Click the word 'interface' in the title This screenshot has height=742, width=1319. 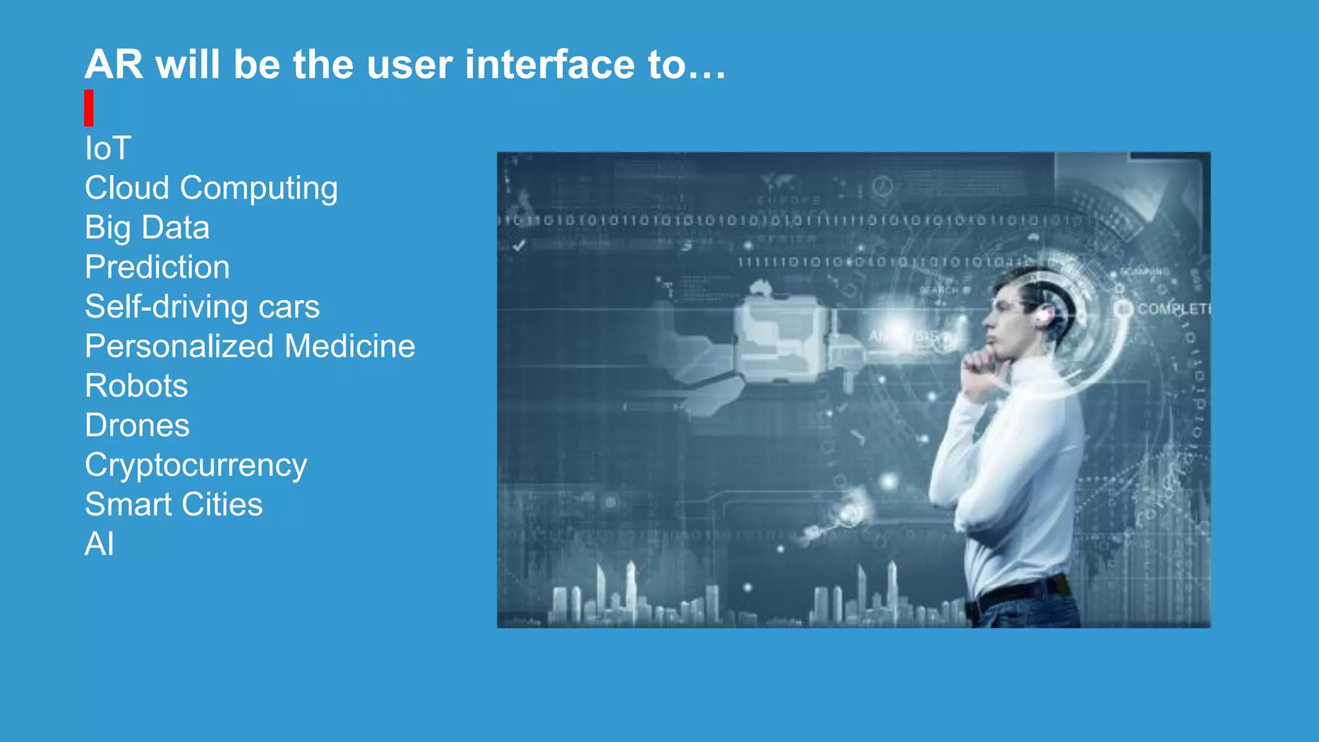[549, 64]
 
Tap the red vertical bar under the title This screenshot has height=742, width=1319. [89, 108]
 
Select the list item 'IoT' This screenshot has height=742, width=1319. [108, 149]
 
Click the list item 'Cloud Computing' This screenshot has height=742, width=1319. [211, 189]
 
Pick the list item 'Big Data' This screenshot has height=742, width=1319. [147, 228]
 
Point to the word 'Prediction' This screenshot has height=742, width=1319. [157, 267]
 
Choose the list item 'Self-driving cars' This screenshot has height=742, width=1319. [202, 307]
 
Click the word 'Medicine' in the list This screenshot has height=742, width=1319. [350, 347]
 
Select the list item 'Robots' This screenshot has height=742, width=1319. [136, 386]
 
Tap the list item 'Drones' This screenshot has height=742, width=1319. [137, 425]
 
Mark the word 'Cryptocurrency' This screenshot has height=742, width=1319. [196, 466]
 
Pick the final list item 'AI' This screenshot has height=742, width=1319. [99, 544]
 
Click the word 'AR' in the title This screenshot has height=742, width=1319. [113, 64]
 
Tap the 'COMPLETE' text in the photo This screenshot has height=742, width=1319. [1172, 309]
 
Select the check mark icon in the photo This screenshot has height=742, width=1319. [519, 245]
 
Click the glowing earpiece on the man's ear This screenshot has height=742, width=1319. [1043, 315]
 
